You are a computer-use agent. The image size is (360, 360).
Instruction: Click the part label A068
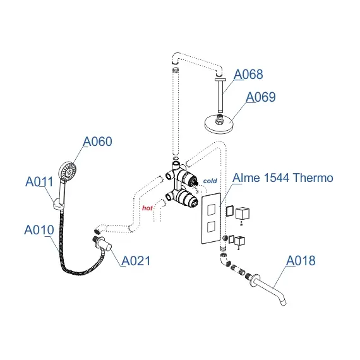pos(248,75)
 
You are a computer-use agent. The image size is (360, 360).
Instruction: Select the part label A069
pos(260,97)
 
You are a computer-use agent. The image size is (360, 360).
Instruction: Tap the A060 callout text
pos(98,141)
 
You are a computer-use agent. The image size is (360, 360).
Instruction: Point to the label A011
pos(39,182)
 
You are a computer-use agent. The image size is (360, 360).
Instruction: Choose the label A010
pos(39,230)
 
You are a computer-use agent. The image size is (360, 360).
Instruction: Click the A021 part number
pos(135,260)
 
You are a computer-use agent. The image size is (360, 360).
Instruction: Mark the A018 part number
pos(301,260)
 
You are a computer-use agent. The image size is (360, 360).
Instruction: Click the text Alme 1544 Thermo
pos(282,178)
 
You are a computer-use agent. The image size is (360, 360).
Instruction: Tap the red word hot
pos(148,207)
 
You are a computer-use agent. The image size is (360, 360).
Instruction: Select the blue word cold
pos(210,181)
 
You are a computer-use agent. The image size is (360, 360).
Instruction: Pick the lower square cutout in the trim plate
pos(211,225)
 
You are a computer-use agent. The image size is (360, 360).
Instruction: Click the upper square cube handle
pos(243,215)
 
